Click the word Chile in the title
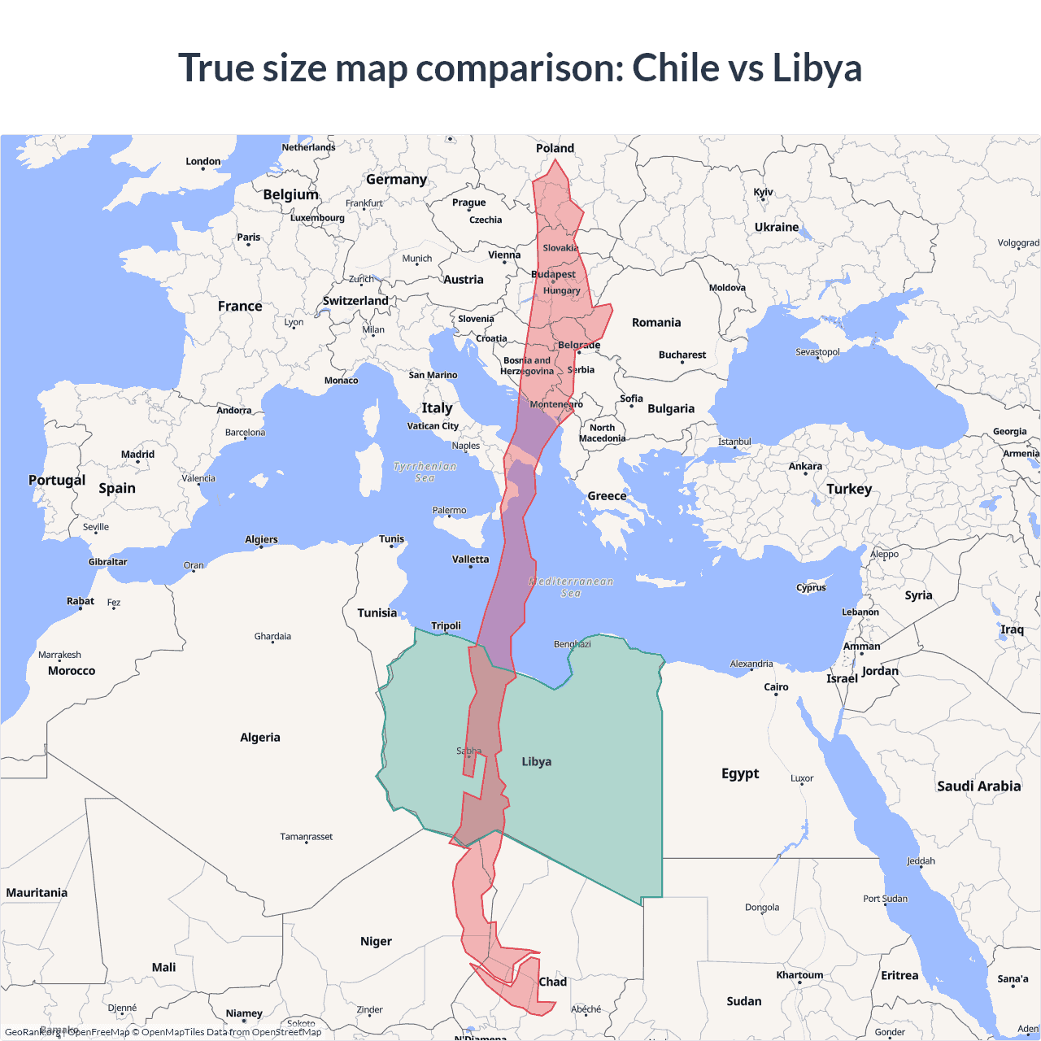click(x=676, y=68)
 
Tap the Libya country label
click(x=536, y=762)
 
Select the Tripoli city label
click(x=446, y=625)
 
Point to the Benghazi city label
click(x=572, y=644)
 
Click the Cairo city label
click(x=776, y=687)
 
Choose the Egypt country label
click(x=739, y=773)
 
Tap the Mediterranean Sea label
click(x=571, y=587)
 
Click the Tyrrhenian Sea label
click(x=425, y=472)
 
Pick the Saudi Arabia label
click(x=978, y=786)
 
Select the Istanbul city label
click(x=734, y=442)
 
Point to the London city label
click(x=203, y=161)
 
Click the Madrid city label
click(x=137, y=455)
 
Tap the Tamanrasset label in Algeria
click(x=306, y=837)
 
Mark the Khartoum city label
click(x=799, y=975)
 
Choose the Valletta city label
click(x=470, y=560)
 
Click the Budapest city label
click(x=553, y=274)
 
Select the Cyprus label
click(x=811, y=587)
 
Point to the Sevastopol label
click(x=817, y=352)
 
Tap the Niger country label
click(x=376, y=941)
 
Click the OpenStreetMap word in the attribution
click(x=286, y=1032)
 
